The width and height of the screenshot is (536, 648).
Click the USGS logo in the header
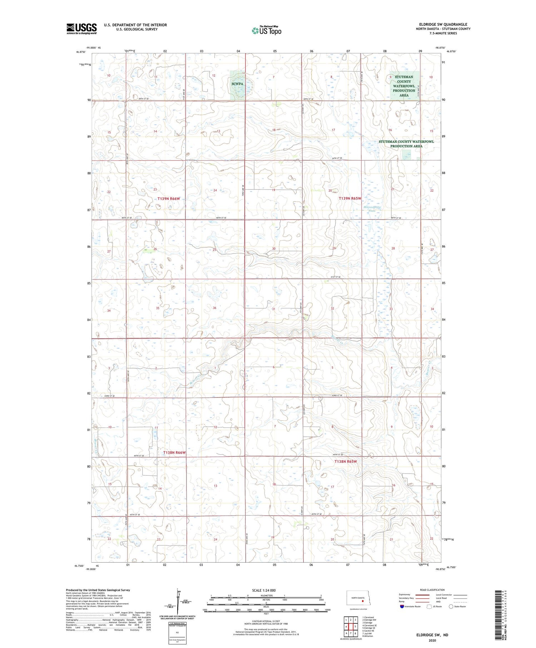click(x=81, y=29)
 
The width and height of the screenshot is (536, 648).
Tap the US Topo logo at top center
click(x=267, y=30)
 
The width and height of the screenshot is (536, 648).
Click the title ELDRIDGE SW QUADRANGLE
click(x=443, y=24)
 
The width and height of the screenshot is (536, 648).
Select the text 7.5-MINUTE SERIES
click(x=443, y=33)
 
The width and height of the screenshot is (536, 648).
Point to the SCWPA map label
click(x=237, y=84)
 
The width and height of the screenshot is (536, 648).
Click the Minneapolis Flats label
click(x=372, y=209)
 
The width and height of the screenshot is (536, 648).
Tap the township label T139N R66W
click(x=169, y=198)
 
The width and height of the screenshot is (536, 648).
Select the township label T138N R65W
click(x=346, y=461)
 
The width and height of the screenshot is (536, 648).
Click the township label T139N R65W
click(x=350, y=198)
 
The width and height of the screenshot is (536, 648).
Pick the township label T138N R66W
click(x=174, y=452)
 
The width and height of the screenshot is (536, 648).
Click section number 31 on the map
click(x=274, y=309)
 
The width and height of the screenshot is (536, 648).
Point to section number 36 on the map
click(x=214, y=308)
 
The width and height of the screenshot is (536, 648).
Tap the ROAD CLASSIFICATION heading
click(x=432, y=590)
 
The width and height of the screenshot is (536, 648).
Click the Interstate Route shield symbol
click(x=402, y=607)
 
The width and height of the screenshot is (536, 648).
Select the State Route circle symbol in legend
click(x=451, y=607)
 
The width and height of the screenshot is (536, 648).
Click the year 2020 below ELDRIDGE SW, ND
click(x=432, y=640)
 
